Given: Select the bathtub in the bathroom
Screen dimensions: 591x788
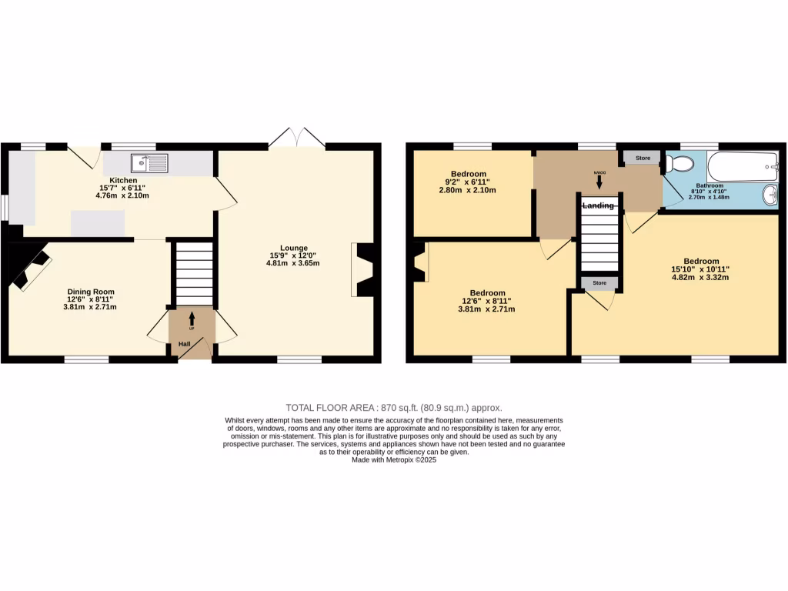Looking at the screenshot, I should [736, 166].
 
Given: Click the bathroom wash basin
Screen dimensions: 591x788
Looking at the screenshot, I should [770, 196].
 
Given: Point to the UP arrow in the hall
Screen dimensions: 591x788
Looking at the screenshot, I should [191, 319].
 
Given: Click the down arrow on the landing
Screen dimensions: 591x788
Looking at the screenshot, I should [599, 182].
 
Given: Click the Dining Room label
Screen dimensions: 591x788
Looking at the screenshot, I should [91, 292].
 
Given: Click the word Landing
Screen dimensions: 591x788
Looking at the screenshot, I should [599, 205].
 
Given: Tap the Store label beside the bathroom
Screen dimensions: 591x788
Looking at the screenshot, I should [643, 159].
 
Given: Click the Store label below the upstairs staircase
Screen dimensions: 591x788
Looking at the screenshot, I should [599, 283].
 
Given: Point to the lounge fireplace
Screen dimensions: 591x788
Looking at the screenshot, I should [362, 269].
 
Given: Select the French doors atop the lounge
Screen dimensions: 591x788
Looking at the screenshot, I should [297, 139].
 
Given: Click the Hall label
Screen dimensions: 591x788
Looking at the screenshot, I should [185, 344].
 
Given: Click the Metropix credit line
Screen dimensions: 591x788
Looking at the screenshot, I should [393, 460].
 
